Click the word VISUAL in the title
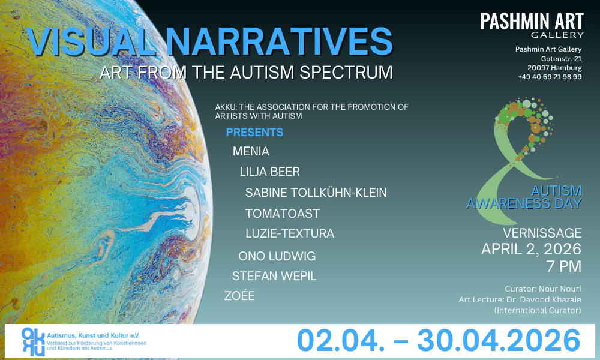91,41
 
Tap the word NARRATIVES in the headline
280,41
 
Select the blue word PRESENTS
254,133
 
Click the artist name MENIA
251,151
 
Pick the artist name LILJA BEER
270,172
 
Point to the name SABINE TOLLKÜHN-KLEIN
316,193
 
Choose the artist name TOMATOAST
283,214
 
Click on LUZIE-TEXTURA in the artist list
290,233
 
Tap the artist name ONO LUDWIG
277,256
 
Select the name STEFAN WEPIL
274,276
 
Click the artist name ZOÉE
239,295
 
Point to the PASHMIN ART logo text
532,22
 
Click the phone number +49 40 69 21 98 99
550,77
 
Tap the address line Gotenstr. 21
562,59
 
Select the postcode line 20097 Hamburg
554,68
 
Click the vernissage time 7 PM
564,266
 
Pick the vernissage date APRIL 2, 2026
532,249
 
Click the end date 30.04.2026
499,340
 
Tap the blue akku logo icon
33,341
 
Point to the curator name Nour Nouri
560,289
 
